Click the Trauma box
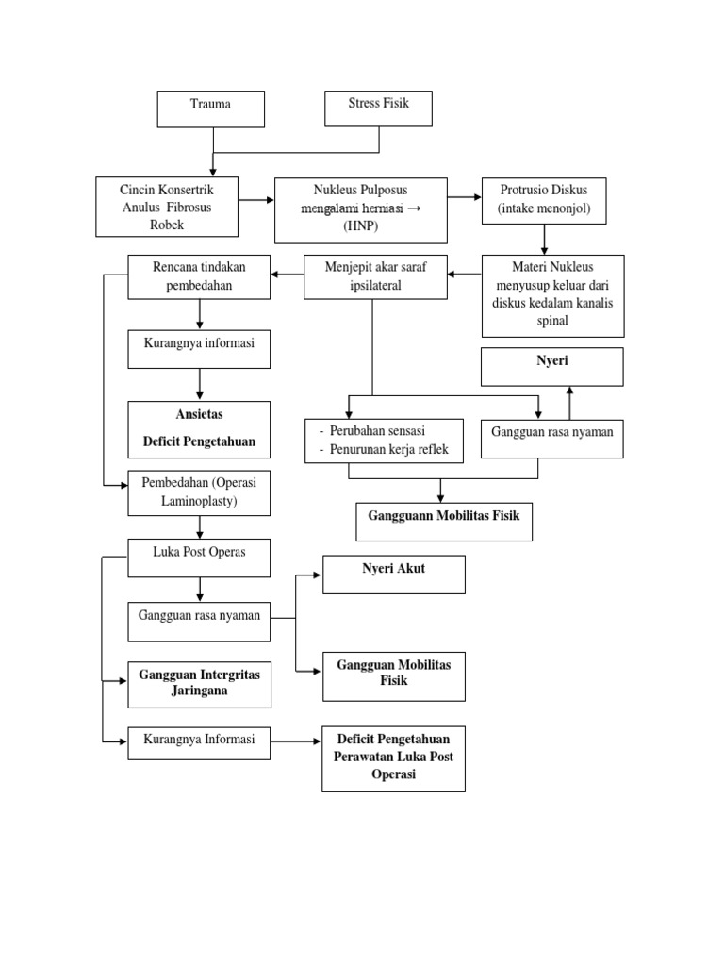210,108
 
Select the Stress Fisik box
378,108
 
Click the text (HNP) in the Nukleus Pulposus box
359,227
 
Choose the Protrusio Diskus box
544,199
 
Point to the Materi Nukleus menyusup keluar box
552,294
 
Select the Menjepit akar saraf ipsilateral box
375,276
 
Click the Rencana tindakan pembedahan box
199,276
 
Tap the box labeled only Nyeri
551,366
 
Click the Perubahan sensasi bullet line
371,431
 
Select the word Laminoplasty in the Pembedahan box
199,501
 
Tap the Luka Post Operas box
199,557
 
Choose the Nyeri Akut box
394,574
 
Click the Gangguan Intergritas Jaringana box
199,684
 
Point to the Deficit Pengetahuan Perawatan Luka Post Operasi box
393,758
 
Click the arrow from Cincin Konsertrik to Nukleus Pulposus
256,200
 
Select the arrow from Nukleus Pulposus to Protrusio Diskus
464,197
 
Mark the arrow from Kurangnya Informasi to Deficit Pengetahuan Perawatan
296,742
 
